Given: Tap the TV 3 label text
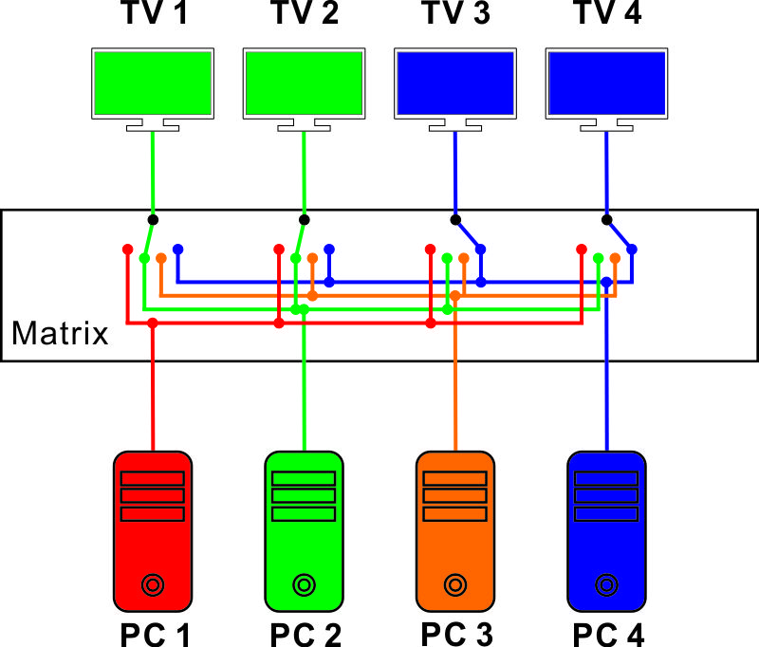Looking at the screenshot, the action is (457, 12).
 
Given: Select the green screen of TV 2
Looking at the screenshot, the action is (304, 83).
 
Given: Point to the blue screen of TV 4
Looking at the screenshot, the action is (606, 83).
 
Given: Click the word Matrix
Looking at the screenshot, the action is (60, 333).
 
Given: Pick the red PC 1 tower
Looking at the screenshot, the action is (153, 531).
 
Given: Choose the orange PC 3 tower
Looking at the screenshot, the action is (455, 531).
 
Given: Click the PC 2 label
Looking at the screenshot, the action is (305, 635).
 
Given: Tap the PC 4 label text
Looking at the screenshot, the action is (608, 635).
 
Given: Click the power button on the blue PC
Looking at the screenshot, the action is (606, 585).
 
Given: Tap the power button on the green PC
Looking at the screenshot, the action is (304, 585).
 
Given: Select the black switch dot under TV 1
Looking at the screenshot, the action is (153, 220).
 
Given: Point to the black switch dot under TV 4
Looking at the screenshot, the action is (606, 220).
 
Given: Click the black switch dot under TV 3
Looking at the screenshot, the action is (455, 220).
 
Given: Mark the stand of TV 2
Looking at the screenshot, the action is (304, 125).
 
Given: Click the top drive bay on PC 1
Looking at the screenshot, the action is (153, 478).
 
